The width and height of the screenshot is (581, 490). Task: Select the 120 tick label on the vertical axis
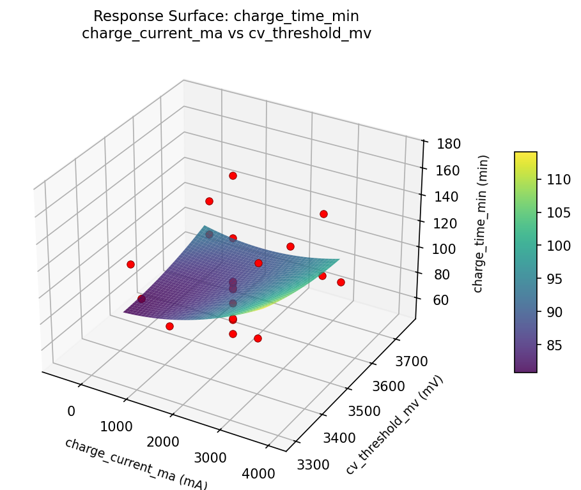pyautogui.click(x=446, y=222)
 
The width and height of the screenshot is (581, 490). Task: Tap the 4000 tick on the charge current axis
pyautogui.click(x=259, y=473)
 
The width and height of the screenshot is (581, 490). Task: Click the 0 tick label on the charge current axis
pyautogui.click(x=71, y=411)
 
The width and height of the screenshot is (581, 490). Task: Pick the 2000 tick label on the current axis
pyautogui.click(x=163, y=442)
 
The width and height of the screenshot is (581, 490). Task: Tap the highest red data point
pyautogui.click(x=233, y=175)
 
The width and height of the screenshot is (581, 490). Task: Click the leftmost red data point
pyautogui.click(x=130, y=264)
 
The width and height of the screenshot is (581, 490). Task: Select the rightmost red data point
pyautogui.click(x=341, y=282)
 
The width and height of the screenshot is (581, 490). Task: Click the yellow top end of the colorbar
pyautogui.click(x=525, y=155)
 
